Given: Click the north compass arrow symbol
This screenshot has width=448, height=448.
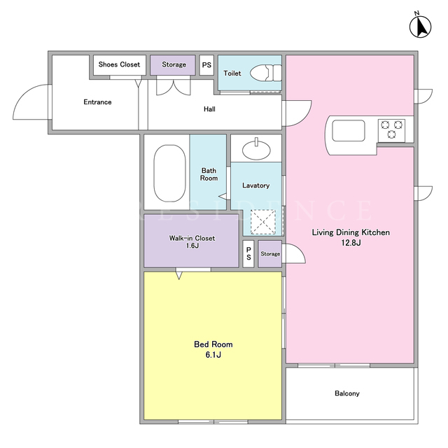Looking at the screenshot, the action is pyautogui.click(x=420, y=27).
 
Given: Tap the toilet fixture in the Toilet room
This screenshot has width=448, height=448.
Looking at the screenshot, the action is pyautogui.click(x=266, y=73).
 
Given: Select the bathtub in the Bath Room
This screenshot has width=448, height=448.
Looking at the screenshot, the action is pyautogui.click(x=169, y=173).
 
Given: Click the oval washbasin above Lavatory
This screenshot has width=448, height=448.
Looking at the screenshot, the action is pyautogui.click(x=256, y=149).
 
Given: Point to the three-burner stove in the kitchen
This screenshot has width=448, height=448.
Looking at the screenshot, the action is pyautogui.click(x=391, y=130).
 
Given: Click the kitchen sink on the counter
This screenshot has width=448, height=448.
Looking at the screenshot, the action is pyautogui.click(x=349, y=131).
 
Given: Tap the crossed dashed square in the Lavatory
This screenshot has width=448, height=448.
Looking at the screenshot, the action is pyautogui.click(x=263, y=222).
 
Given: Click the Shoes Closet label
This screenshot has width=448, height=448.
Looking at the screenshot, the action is pyautogui.click(x=119, y=64).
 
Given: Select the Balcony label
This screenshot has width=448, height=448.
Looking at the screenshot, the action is pyautogui.click(x=347, y=393).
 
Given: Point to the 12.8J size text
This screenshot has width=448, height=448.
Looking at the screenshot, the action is pyautogui.click(x=351, y=243).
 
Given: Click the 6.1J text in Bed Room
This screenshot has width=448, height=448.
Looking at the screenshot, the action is pyautogui.click(x=213, y=355).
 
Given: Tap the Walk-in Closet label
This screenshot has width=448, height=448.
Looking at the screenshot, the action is pyautogui.click(x=192, y=238).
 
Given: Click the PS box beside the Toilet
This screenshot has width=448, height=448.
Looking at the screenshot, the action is pyautogui.click(x=206, y=65).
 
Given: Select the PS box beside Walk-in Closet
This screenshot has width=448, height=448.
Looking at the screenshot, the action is pyautogui.click(x=248, y=253).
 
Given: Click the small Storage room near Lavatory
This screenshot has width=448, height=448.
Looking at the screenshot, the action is pyautogui.click(x=270, y=253).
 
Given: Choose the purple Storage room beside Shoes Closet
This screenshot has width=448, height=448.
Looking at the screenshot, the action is pyautogui.click(x=173, y=65).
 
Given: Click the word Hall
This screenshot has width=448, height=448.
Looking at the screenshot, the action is pyautogui.click(x=209, y=109).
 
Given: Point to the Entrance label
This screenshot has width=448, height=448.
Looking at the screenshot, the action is pyautogui.click(x=97, y=102).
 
